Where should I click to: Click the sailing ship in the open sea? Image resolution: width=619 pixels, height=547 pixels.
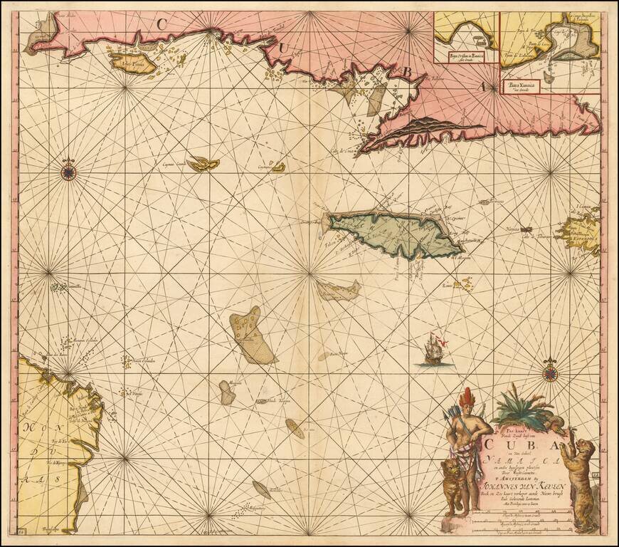pyautogui.click(x=435, y=350)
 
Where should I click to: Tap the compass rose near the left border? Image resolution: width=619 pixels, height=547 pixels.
pyautogui.click(x=68, y=170)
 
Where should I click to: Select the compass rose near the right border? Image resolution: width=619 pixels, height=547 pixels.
pyautogui.click(x=550, y=371)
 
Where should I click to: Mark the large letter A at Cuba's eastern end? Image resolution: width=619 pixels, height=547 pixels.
pyautogui.click(x=482, y=87)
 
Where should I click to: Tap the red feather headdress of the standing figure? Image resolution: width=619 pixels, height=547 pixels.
pyautogui.click(x=468, y=395)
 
